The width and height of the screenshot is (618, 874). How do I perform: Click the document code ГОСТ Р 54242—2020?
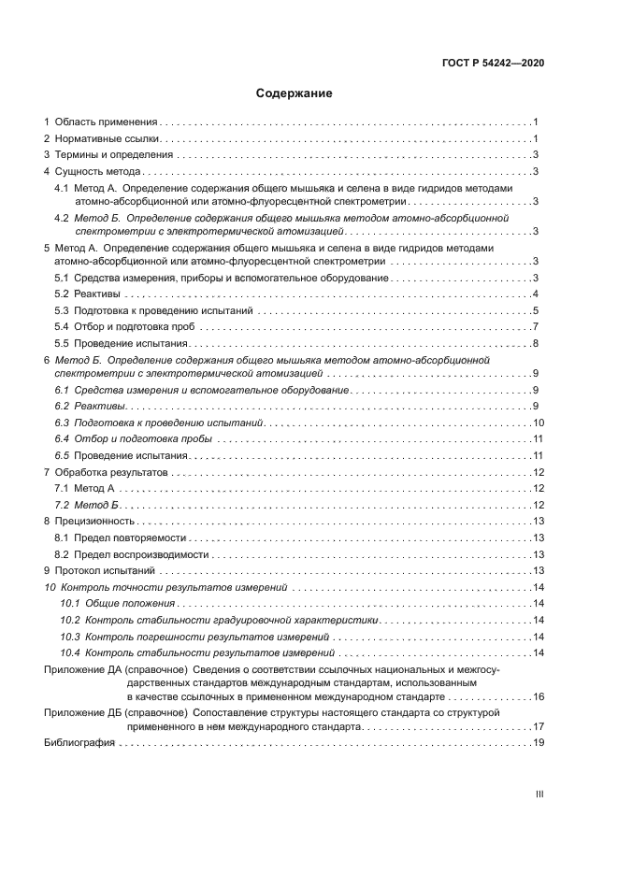[x=493, y=63]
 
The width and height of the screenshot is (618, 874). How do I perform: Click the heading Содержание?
[x=295, y=93]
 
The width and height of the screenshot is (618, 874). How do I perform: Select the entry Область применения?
[x=106, y=122]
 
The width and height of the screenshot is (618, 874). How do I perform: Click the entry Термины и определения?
[x=114, y=155]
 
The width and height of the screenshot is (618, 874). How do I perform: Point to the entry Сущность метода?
[x=98, y=172]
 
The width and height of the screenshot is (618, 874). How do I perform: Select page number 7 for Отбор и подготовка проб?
[x=534, y=327]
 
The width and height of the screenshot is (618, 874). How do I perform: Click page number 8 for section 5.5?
[x=534, y=344]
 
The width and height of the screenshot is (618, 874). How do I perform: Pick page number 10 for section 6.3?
[x=538, y=423]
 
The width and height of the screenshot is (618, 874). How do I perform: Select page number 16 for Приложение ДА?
[x=538, y=697]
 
